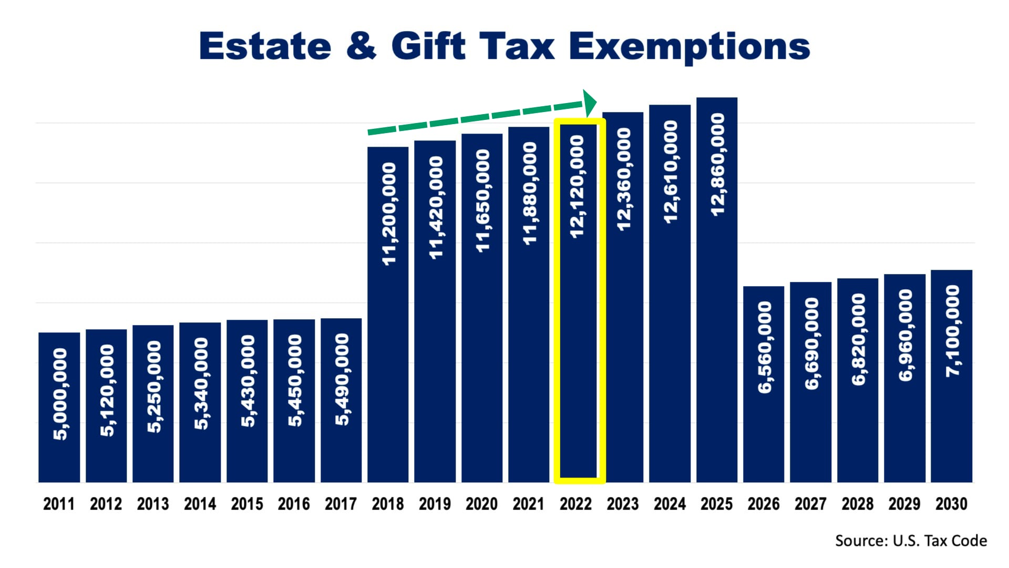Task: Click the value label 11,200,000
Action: click(x=388, y=214)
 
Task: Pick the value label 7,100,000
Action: click(x=952, y=331)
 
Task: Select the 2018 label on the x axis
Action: click(x=387, y=504)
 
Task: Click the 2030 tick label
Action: click(x=951, y=504)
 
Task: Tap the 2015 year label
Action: click(x=246, y=504)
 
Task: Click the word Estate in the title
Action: click(x=265, y=46)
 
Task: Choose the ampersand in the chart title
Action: click(x=362, y=46)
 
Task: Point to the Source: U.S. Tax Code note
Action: click(x=911, y=541)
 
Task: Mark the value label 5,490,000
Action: click(x=342, y=379)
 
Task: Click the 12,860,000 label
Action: click(x=717, y=164)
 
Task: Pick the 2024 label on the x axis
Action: click(x=670, y=504)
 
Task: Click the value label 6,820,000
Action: click(x=858, y=339)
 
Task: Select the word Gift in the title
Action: click(x=428, y=46)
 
